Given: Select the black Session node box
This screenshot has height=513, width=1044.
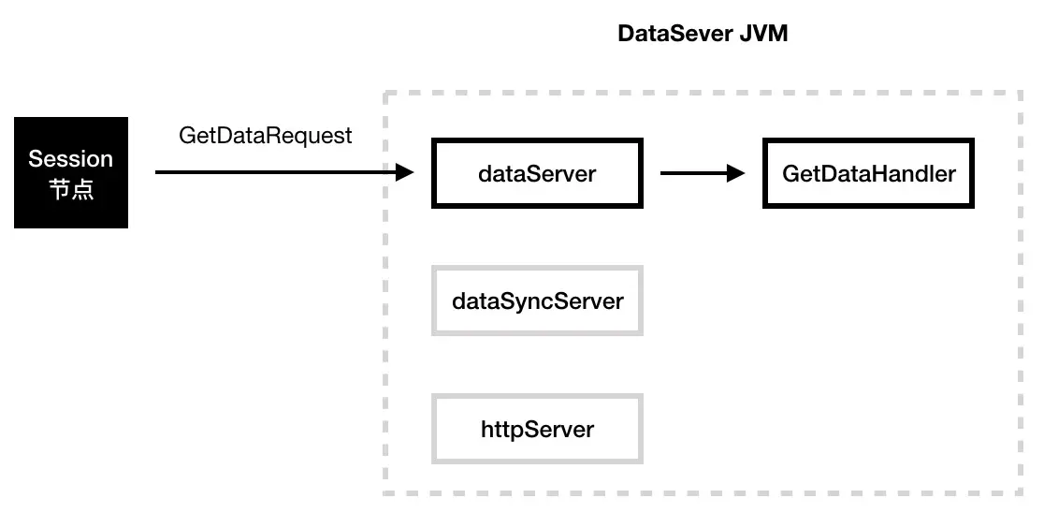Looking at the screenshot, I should [71, 172].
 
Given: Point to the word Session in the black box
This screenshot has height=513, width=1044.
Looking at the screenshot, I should [71, 158].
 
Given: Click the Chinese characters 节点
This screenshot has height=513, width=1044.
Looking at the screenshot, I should [71, 190].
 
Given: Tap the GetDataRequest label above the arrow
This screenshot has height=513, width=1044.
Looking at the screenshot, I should [266, 136].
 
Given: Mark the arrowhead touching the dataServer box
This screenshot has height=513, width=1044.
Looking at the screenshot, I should [405, 172].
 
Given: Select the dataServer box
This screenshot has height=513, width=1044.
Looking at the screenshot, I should [537, 173].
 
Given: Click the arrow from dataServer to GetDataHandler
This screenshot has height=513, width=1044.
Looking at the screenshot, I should [697, 173].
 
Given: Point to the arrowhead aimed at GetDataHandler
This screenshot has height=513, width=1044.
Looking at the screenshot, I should [736, 173].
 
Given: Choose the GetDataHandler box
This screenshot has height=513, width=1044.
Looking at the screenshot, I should [869, 173].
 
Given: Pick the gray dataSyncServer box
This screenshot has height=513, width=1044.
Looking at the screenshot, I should [537, 301].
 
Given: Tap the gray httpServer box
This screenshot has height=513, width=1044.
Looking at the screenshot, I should [537, 430].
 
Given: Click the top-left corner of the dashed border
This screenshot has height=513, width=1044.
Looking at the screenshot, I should [384, 92].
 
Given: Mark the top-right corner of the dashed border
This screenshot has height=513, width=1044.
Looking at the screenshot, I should [1021, 92].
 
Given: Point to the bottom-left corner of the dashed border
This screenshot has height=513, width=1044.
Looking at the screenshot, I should [384, 492].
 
